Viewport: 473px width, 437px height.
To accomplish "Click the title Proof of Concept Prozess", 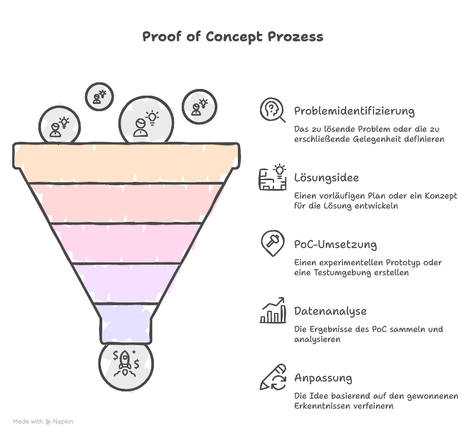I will point(233,37).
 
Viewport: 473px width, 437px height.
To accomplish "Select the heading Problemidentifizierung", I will point(354,111).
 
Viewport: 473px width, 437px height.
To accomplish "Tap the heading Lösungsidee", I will point(326,178).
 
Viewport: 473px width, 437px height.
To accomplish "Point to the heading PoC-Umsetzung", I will point(335,245).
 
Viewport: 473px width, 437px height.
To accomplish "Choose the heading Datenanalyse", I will point(330,311).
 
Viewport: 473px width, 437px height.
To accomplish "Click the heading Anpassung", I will point(322,378).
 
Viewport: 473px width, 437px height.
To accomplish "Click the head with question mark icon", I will point(273,111).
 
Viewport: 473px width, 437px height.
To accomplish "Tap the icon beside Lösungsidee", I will point(273,178).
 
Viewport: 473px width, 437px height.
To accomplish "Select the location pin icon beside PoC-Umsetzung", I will point(272,244).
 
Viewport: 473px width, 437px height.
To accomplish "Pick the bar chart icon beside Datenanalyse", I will point(273,311).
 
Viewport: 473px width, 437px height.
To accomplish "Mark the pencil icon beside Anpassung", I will point(273,378).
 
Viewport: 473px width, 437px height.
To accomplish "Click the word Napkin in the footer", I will point(63,421).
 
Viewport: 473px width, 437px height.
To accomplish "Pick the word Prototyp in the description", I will point(390,262).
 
